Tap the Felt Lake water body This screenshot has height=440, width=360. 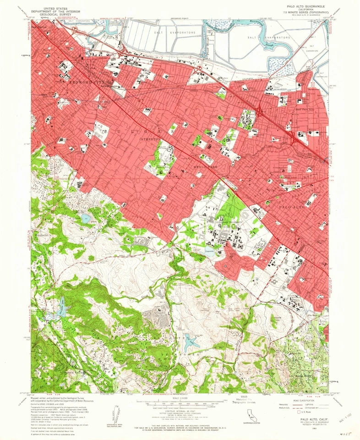coord(190,341)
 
